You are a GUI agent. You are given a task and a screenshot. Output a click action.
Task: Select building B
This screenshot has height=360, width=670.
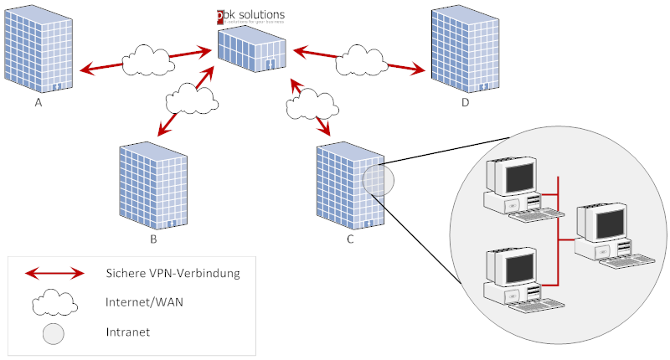[152, 187]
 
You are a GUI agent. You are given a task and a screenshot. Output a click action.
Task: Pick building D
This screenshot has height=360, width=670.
[464, 51]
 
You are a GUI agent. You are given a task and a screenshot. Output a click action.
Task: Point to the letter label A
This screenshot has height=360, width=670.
[39, 103]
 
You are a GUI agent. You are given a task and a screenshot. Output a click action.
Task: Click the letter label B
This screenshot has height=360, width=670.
[153, 240]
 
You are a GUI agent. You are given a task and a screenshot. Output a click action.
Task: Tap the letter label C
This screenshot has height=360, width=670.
[350, 240]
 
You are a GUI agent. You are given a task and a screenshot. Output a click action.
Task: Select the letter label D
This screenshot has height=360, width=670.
[465, 103]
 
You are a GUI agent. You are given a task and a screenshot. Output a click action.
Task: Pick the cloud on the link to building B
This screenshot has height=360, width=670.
[193, 99]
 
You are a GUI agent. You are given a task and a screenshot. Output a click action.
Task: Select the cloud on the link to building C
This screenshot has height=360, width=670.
[312, 107]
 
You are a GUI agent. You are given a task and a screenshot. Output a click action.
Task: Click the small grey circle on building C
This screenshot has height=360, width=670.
[378, 181]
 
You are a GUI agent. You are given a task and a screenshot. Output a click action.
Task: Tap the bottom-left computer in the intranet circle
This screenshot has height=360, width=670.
[513, 280]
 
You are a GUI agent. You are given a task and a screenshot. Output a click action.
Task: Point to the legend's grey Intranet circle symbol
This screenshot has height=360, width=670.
[54, 333]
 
